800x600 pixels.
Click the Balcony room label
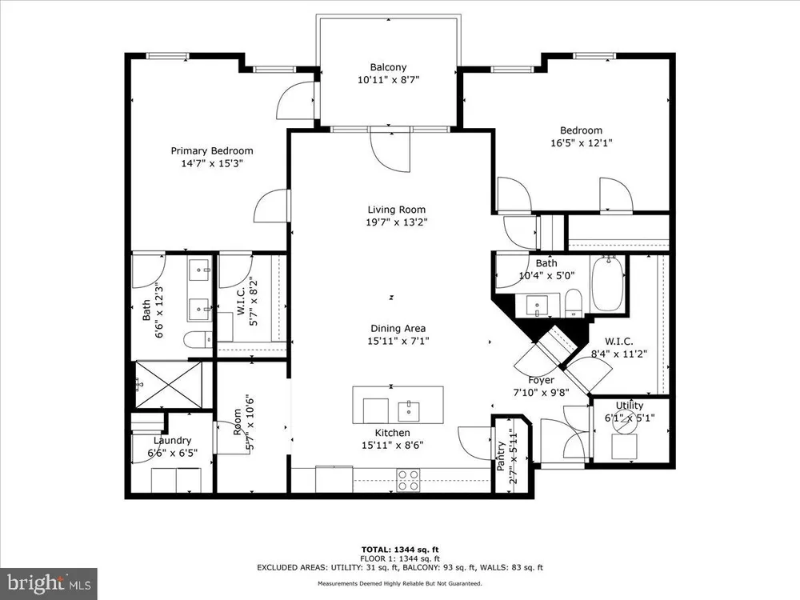(x=388, y=67)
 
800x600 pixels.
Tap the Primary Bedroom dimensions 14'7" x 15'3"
(x=212, y=164)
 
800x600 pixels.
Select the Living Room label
(x=397, y=210)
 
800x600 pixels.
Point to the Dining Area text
(x=398, y=329)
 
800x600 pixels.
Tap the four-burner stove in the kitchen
(x=408, y=480)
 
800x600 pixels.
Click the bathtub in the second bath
(x=607, y=285)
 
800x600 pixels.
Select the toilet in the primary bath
(x=198, y=339)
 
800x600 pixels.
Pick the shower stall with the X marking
(x=169, y=386)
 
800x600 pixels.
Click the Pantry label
(x=501, y=456)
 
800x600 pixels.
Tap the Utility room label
(x=630, y=406)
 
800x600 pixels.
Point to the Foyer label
(x=541, y=380)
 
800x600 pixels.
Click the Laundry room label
(x=173, y=440)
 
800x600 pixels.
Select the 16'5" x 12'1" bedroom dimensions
(x=581, y=143)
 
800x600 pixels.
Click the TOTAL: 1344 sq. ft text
(x=400, y=550)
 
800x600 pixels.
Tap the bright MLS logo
(x=49, y=582)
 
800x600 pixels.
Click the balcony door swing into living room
(x=390, y=151)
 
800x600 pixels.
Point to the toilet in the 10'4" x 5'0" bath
(x=574, y=303)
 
